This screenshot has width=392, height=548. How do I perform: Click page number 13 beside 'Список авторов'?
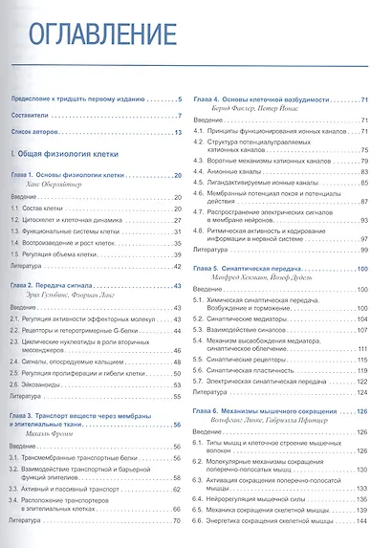(178, 133)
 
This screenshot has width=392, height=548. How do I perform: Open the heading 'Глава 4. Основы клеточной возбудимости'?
(271, 99)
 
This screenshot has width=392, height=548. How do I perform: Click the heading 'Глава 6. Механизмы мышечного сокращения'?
(274, 409)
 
